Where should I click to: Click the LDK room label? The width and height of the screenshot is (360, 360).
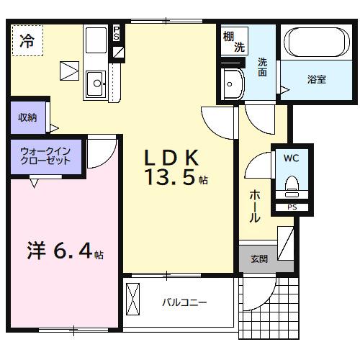[172, 158]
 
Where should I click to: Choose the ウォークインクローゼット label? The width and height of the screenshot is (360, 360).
[46, 156]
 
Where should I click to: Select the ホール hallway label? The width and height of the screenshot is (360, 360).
[255, 206]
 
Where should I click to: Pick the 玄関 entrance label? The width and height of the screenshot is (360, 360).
[259, 259]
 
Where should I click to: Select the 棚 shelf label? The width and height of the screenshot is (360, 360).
[228, 37]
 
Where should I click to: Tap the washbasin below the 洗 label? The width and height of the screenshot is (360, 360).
[232, 85]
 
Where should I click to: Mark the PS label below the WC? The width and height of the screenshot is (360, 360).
[292, 208]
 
